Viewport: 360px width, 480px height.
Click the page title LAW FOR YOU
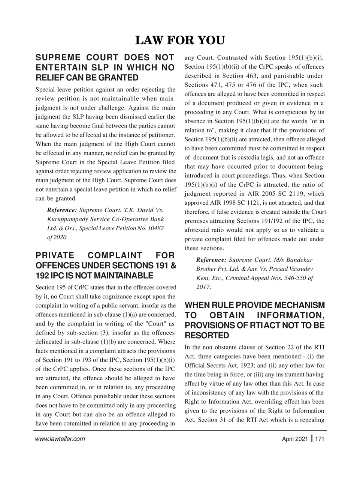pyautogui.click(x=180, y=40)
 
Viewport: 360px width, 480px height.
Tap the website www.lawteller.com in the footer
pyautogui.click(x=60, y=439)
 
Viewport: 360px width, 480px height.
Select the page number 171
pyautogui.click(x=320, y=439)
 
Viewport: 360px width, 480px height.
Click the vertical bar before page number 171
pyautogui.click(x=312, y=438)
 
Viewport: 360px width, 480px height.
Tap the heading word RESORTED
pyautogui.click(x=206, y=335)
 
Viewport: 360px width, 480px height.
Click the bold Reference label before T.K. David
pyautogui.click(x=62, y=210)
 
